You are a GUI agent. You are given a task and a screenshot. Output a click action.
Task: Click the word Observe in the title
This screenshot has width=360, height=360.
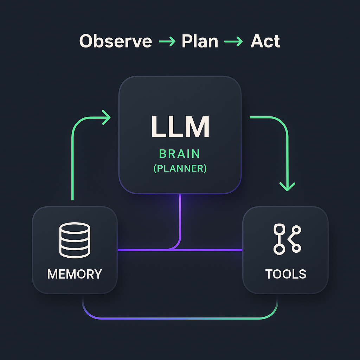116,41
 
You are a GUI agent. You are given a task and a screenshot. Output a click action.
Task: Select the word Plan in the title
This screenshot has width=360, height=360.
200,41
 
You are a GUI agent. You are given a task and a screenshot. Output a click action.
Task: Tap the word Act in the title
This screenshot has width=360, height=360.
265,41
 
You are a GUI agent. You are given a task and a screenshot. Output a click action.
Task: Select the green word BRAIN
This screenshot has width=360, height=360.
180,154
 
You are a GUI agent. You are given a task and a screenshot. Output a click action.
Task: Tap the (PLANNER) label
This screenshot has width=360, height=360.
180,168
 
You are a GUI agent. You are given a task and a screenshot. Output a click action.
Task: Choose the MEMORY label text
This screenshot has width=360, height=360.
75,274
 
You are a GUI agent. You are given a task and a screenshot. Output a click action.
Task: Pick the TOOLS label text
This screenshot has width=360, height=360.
286,274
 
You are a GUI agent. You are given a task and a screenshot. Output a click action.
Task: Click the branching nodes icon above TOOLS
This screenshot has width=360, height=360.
287,239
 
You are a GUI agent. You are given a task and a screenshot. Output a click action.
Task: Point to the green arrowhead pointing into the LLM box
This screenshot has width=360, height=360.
106,117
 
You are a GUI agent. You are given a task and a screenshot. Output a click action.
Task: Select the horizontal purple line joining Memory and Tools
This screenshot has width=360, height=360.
211,250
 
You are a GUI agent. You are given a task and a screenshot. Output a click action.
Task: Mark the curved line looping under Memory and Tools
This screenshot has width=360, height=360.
180,319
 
